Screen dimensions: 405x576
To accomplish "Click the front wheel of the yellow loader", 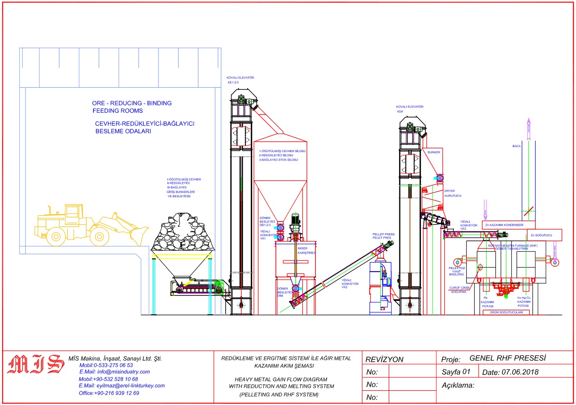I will point(99,237).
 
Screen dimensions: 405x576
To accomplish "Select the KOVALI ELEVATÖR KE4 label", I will point(409,109).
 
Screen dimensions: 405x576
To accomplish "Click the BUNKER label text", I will point(434,153).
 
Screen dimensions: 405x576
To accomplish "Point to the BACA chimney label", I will point(517,146).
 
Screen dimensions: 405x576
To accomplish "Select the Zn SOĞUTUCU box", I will point(543,235).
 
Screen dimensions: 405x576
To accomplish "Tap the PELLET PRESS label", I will point(384,236).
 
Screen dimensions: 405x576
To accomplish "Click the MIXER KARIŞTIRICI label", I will point(306,251).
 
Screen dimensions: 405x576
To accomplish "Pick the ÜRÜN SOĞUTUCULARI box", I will point(506,312).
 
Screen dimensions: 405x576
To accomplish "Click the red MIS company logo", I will point(36,364).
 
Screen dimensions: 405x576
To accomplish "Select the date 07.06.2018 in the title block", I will point(520,372).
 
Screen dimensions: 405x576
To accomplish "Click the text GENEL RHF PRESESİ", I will point(507,358).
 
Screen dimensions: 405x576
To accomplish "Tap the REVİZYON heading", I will point(384,359).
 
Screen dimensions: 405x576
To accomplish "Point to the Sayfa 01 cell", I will point(456,372).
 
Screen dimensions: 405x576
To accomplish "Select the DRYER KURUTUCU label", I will point(452,193).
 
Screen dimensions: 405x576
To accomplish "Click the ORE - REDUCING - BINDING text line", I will point(132,103).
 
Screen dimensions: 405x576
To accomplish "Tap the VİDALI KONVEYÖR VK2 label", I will point(350,284).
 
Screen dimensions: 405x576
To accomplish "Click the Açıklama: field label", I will point(458,385).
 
